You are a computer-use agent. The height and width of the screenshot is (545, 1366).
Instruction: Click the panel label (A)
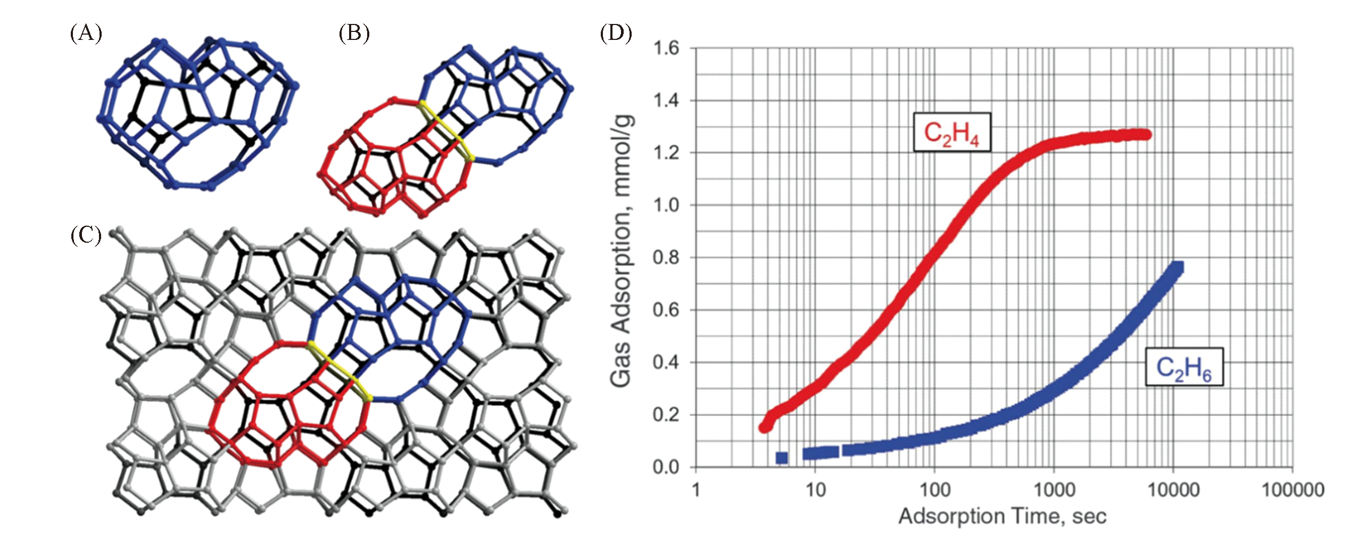[86, 34]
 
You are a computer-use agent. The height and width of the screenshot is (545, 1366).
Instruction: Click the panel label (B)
[354, 34]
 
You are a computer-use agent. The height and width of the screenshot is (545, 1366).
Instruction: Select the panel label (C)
[86, 235]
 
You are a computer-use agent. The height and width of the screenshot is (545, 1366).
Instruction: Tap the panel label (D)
[616, 34]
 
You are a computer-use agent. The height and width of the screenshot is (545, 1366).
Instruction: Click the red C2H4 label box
[951, 133]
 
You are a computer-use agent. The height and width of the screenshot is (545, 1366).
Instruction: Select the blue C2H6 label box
[1183, 367]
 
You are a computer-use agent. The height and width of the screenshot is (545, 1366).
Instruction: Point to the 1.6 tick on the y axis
[666, 48]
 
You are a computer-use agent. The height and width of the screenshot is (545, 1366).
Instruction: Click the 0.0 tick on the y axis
[666, 467]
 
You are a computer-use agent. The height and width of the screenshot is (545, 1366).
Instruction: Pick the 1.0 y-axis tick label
[666, 205]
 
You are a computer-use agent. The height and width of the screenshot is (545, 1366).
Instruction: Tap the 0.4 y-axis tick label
[666, 362]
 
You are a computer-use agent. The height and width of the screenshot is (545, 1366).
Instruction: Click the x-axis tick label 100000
[1293, 490]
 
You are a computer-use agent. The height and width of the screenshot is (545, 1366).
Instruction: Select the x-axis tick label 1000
[1054, 490]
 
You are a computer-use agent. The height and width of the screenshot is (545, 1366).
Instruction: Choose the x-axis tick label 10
[815, 490]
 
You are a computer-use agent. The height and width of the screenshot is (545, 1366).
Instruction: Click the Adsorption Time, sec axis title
[1002, 516]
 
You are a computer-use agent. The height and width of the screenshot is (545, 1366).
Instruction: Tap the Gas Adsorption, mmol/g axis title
[621, 250]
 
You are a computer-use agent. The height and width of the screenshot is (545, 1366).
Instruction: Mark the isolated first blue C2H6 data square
[782, 458]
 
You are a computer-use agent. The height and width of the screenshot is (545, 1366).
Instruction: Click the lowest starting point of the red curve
[764, 427]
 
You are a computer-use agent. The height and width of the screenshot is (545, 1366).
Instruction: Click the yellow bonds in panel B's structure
[446, 130]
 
